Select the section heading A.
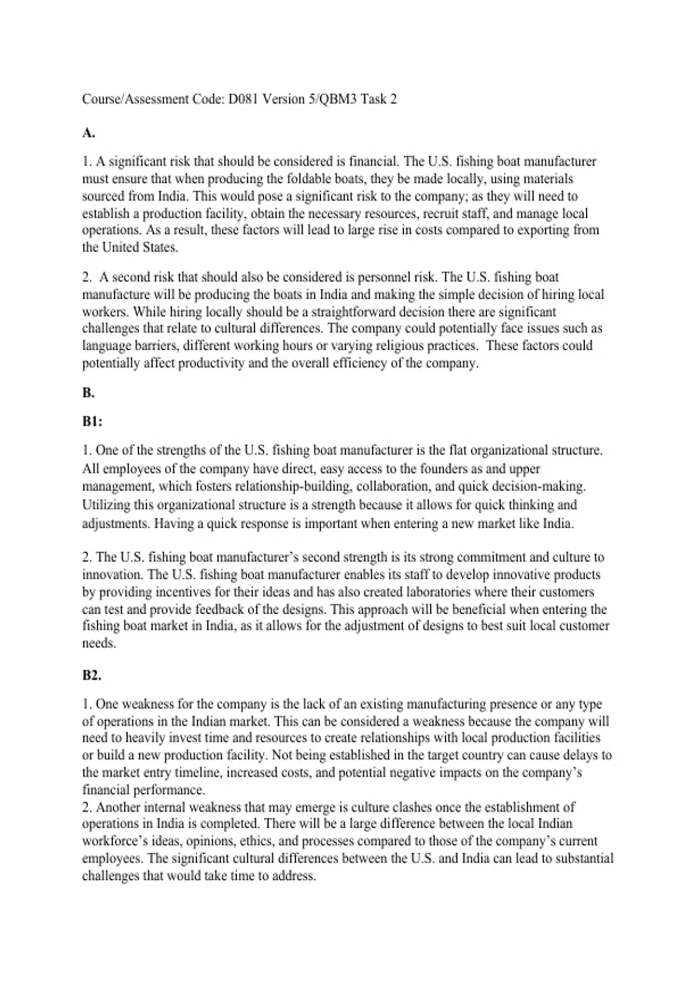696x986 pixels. pos(88,133)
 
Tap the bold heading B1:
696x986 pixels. pos(92,422)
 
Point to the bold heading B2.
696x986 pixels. pos(92,675)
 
